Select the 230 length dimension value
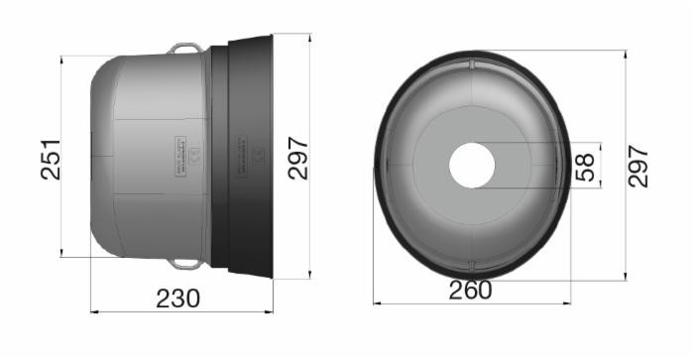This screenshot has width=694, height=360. coord(178,298)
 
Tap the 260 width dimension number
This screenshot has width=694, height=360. coord(470,291)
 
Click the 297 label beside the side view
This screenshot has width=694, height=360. coord(298,158)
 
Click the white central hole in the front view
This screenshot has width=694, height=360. coord(472,165)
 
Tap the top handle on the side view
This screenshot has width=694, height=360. coord(184,47)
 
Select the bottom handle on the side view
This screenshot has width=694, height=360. coord(184,263)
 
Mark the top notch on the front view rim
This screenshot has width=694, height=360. coord(472,64)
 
